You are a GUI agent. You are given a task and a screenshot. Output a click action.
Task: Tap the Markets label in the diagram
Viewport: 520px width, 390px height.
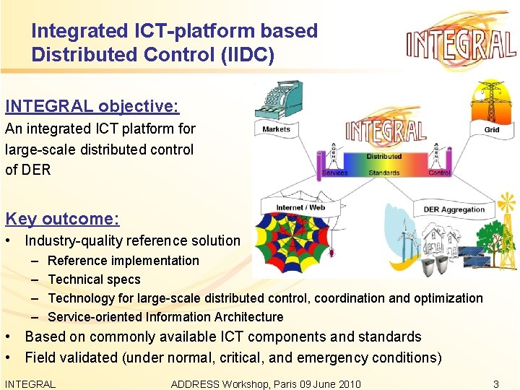(277, 130)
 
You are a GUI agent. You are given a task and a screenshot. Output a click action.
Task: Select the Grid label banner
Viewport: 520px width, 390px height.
(492, 130)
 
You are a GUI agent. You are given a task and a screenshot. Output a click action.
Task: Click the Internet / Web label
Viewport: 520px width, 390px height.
(300, 207)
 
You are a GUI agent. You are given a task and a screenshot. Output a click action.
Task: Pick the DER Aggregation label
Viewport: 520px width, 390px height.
(454, 209)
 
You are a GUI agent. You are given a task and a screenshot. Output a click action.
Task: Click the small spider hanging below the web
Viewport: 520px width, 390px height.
(334, 253)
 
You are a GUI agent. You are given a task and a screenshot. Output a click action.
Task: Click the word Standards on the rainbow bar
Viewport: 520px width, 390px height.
(383, 173)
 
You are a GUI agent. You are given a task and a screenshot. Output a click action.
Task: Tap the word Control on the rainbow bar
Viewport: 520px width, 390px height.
(439, 173)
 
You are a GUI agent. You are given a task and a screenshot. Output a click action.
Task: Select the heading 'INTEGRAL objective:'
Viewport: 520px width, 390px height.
(92, 106)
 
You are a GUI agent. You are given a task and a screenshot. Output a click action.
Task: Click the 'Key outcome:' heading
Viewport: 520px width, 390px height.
(62, 219)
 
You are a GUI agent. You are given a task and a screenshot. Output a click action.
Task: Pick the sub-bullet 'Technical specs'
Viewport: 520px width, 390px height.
(94, 279)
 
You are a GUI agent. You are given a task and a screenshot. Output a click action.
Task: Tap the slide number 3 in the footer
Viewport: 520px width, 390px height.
(495, 384)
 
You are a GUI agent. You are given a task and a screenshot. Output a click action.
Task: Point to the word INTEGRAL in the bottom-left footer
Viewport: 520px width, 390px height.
(30, 384)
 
